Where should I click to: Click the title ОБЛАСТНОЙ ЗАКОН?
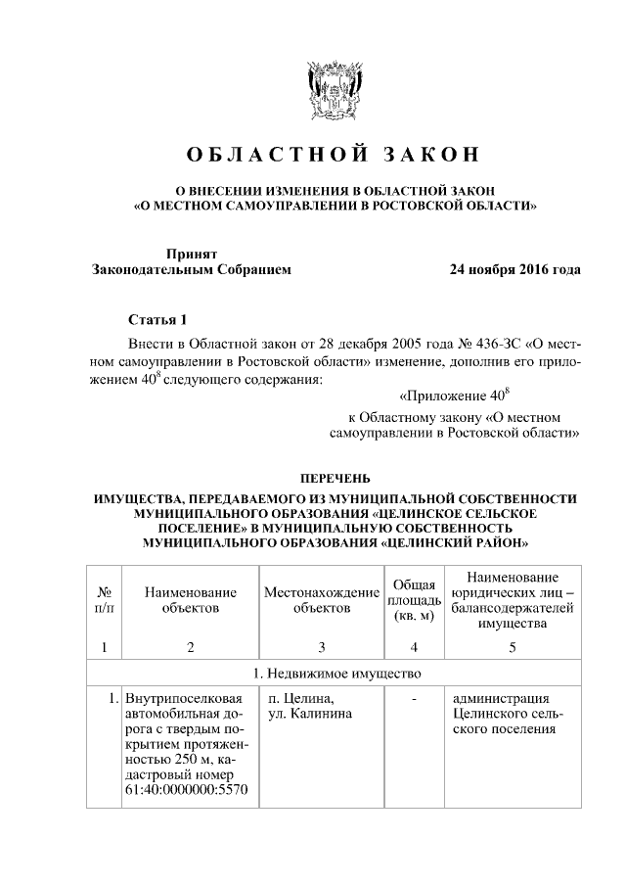pyautogui.click(x=333, y=155)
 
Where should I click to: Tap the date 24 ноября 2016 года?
pyautogui.click(x=514, y=269)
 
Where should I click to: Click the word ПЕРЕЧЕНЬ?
pyautogui.click(x=335, y=478)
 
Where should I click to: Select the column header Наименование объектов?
pyautogui.click(x=190, y=600)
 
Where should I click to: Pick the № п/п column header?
pyautogui.click(x=104, y=600)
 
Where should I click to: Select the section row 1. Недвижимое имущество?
pyautogui.click(x=334, y=674)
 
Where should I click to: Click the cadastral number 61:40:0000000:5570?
pyautogui.click(x=181, y=788)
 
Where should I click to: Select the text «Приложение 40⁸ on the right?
pyautogui.click(x=456, y=396)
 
